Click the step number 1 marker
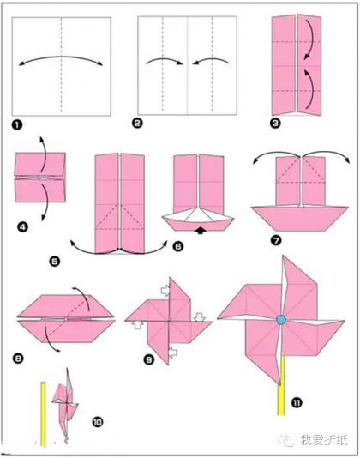[17, 125]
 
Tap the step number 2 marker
[137, 123]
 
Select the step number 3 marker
[275, 124]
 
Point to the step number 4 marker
[22, 227]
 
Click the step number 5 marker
[55, 261]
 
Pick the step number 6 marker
[177, 246]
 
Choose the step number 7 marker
[276, 240]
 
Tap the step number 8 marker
[18, 358]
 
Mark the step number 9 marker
[149, 359]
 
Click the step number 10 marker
[98, 422]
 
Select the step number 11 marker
[297, 403]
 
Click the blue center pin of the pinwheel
[281, 320]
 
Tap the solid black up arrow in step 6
[201, 231]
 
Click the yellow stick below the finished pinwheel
[281, 385]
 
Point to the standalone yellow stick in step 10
[43, 414]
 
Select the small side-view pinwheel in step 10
[66, 405]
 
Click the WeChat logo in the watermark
[285, 440]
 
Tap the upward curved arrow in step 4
[43, 154]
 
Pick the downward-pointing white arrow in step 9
[200, 317]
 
